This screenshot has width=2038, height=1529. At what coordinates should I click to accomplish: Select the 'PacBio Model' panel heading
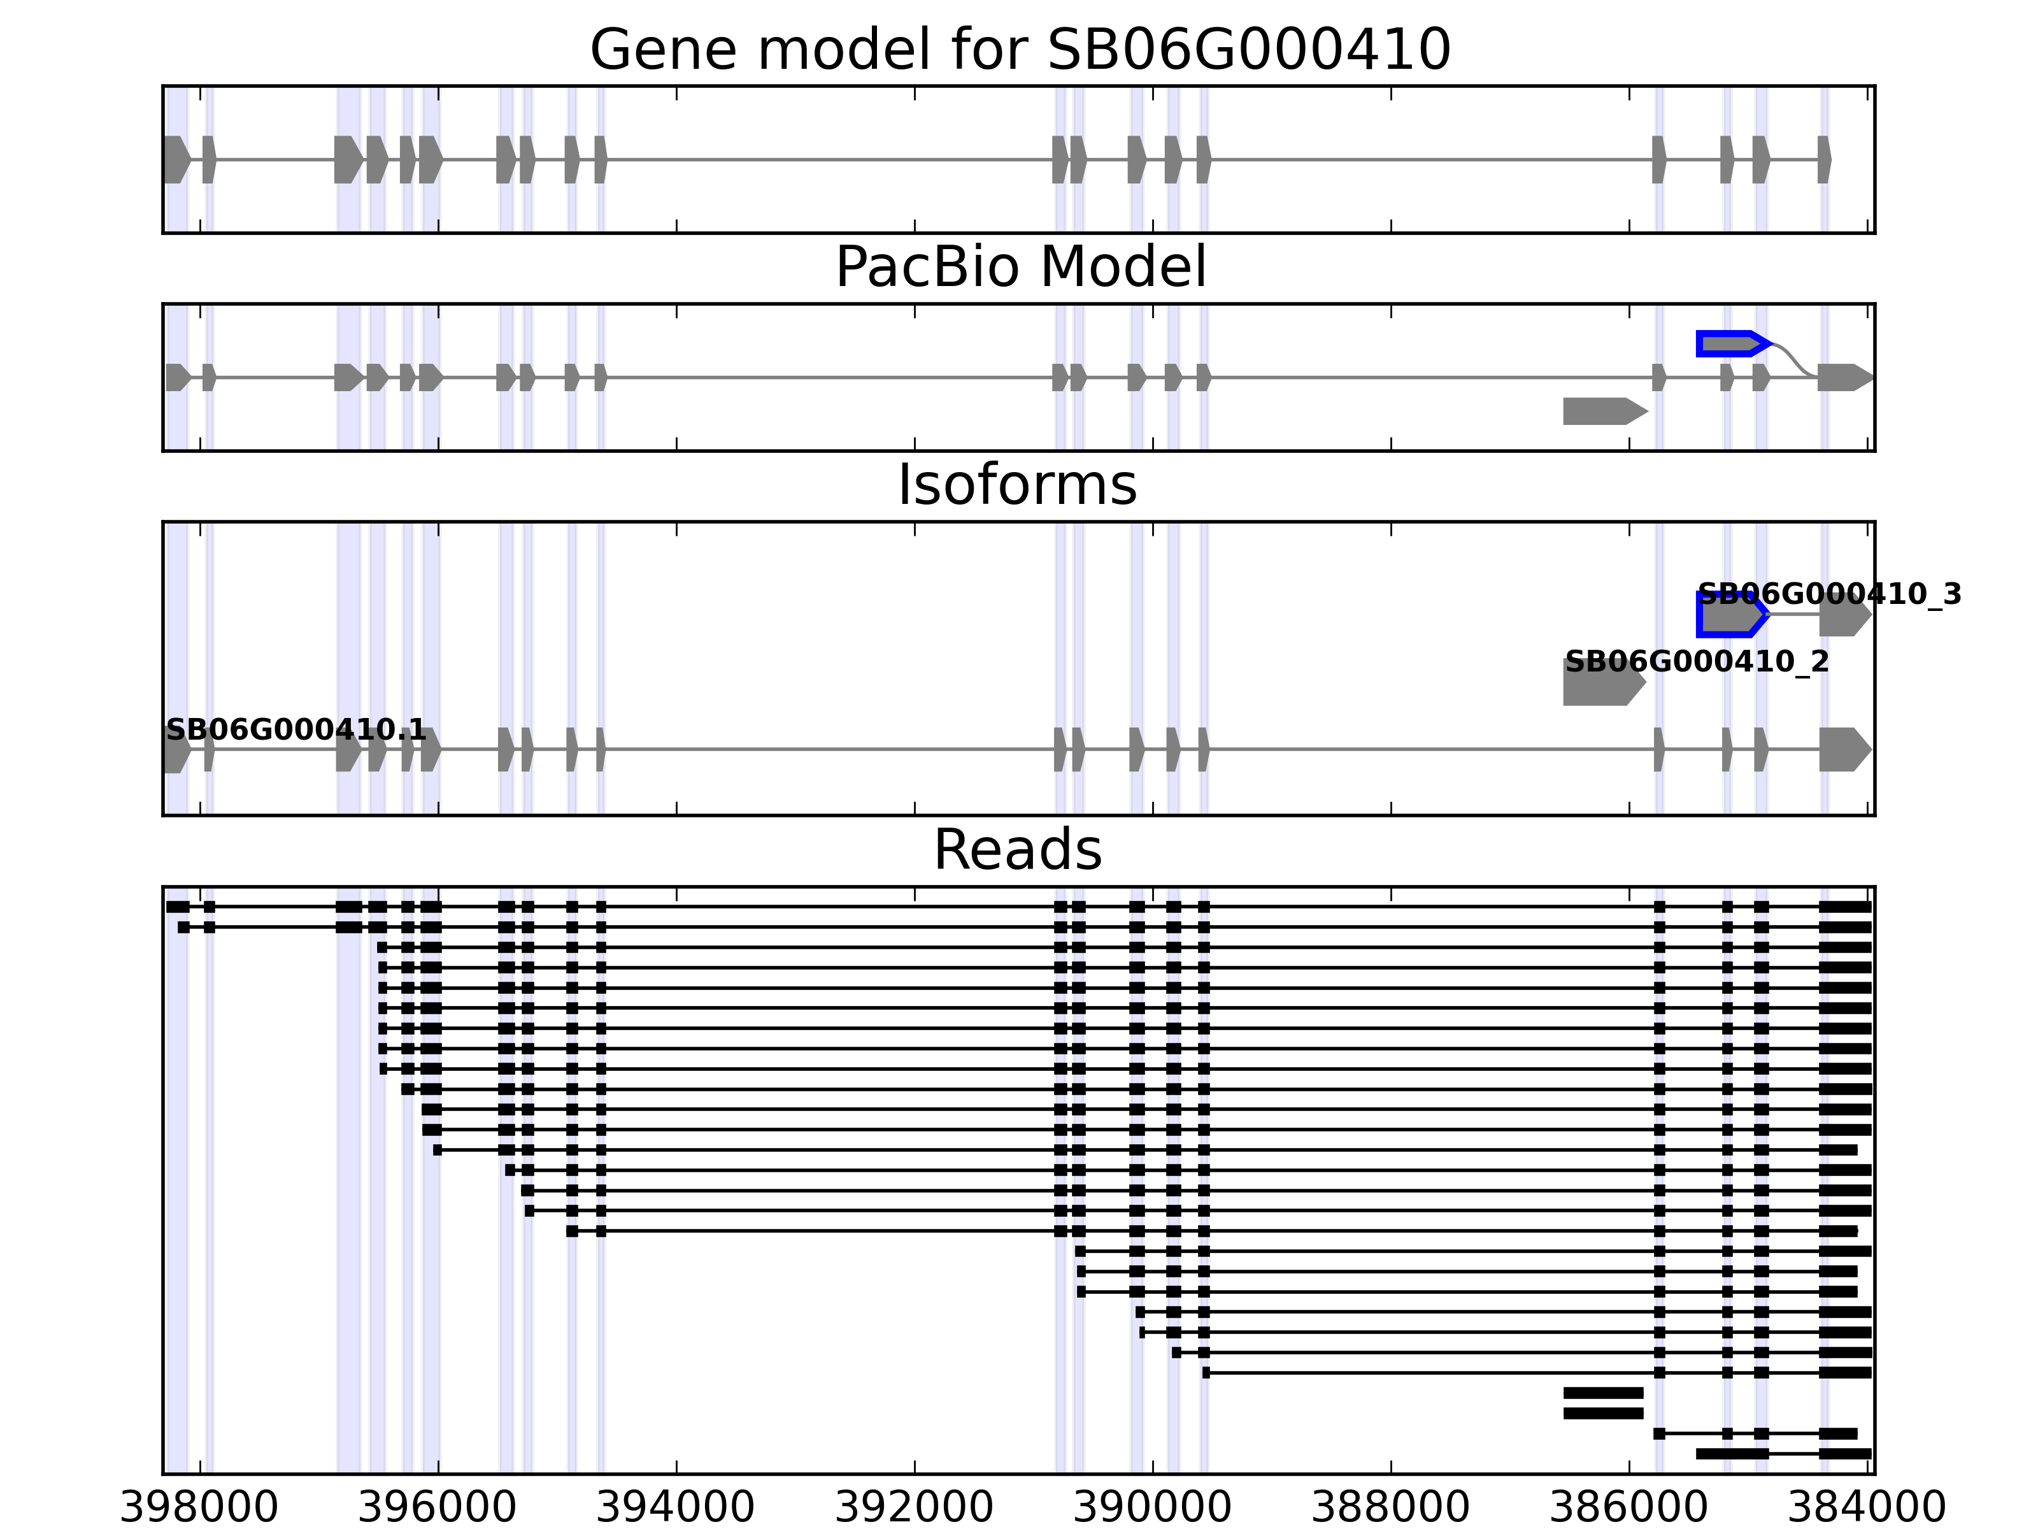(x=1020, y=268)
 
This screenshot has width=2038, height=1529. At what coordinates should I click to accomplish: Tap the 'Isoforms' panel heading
(x=1017, y=485)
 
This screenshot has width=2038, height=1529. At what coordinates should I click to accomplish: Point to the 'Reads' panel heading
(x=1017, y=850)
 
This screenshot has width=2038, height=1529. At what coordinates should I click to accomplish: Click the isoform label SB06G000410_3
(x=1829, y=594)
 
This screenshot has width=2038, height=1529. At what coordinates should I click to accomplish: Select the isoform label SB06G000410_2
(x=1696, y=662)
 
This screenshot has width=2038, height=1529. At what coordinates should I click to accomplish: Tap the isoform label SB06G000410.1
(x=296, y=730)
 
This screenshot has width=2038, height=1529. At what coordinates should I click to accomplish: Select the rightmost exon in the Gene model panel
(x=1823, y=159)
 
